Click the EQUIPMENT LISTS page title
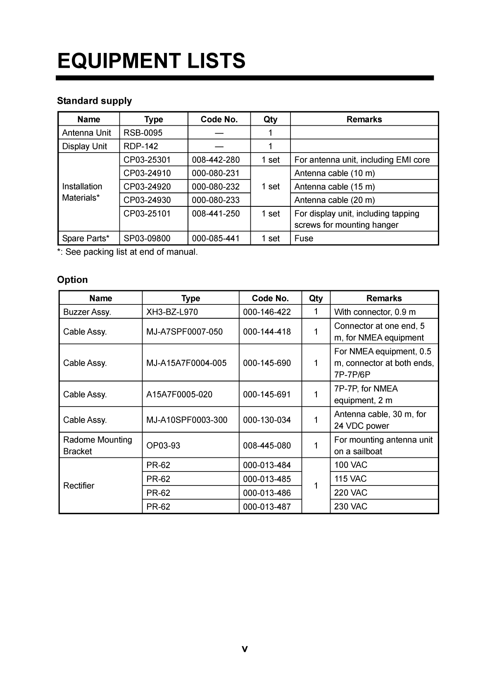point(151,61)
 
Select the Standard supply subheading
point(94,101)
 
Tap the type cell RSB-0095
point(143,133)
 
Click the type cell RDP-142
point(140,146)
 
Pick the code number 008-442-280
point(216,160)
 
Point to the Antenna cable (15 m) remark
point(334,187)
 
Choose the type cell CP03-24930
point(147,200)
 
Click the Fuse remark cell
point(304,239)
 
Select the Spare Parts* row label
point(86,239)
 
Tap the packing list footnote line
point(127,252)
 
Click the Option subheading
point(72,280)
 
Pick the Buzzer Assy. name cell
point(87,312)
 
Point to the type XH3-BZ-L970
point(172,312)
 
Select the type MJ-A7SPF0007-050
point(184,332)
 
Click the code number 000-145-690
point(267,363)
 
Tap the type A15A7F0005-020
point(179,395)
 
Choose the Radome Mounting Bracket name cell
point(98,445)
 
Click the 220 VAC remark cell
point(350,493)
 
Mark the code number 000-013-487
point(267,507)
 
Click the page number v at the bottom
point(245,649)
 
